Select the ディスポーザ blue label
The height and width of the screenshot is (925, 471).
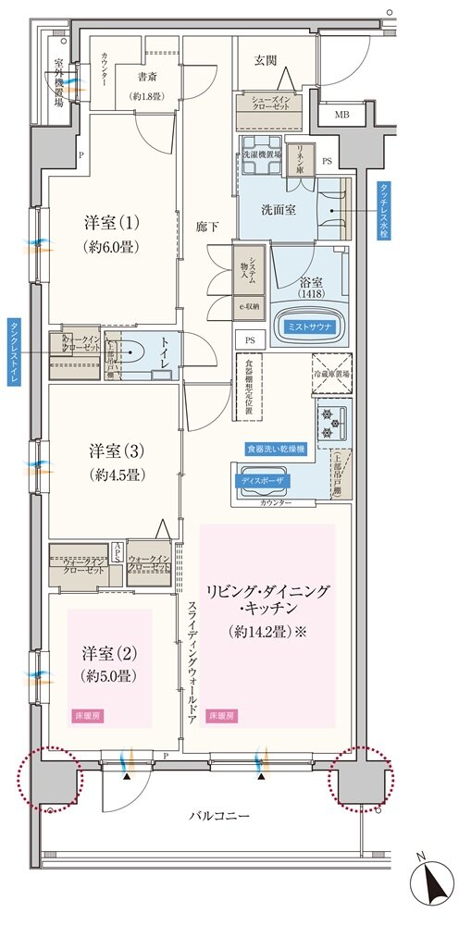pyautogui.click(x=266, y=482)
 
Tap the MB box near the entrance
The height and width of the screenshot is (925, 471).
pyautogui.click(x=341, y=115)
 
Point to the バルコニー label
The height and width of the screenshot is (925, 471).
pyautogui.click(x=219, y=818)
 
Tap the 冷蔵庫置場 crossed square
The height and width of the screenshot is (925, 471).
pyautogui.click(x=330, y=375)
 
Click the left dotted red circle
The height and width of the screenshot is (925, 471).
pyautogui.click(x=49, y=778)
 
